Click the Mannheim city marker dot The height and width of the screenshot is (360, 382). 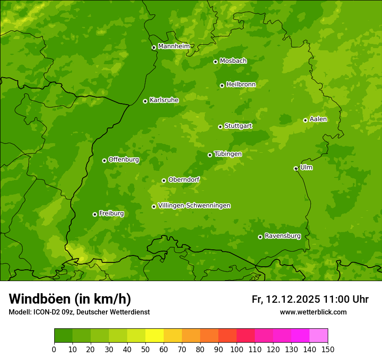point(154,48)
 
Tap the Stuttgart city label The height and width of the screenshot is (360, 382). point(238,126)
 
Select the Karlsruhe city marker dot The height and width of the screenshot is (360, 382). point(145,101)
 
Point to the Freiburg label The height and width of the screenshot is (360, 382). point(111,213)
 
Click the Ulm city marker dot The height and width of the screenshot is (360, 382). point(296,168)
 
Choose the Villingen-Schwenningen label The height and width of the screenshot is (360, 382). point(194,206)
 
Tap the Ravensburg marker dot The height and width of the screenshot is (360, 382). point(260,237)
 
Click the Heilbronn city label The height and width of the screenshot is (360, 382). point(241,85)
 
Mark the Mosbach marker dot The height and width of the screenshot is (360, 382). point(215,62)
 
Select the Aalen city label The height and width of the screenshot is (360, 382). point(318,119)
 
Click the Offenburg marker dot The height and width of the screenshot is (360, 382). point(104,160)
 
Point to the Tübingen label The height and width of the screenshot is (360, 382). point(228,154)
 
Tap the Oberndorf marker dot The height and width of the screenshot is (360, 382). point(164,180)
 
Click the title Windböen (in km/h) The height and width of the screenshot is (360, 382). point(70,299)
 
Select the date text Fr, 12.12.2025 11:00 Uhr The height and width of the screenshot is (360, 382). point(310,299)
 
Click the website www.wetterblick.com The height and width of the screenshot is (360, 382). point(313,312)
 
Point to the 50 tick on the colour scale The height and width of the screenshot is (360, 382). point(145,349)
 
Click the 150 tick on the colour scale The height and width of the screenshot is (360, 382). point(328,349)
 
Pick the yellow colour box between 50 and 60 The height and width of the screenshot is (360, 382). point(155,336)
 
